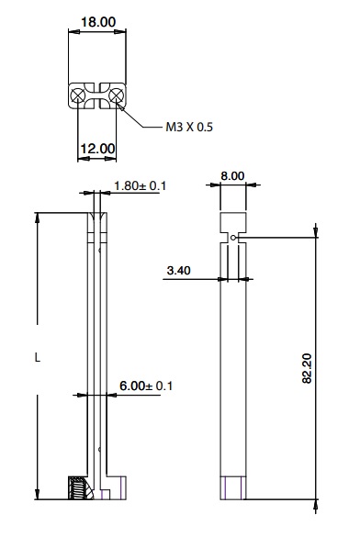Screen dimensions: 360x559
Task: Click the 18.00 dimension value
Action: point(98,22)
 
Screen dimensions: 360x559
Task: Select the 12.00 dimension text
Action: point(97,149)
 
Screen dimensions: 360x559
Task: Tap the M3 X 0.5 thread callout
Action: point(189,127)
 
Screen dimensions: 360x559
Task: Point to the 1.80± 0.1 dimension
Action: point(140,185)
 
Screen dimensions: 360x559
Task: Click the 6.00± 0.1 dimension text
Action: point(146,386)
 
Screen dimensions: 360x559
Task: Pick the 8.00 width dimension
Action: point(232,175)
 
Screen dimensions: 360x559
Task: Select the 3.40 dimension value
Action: point(179,271)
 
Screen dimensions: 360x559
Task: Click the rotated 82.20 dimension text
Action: point(307,368)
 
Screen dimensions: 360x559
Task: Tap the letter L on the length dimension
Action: point(38,357)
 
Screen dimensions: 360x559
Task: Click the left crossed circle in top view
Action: point(77,95)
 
